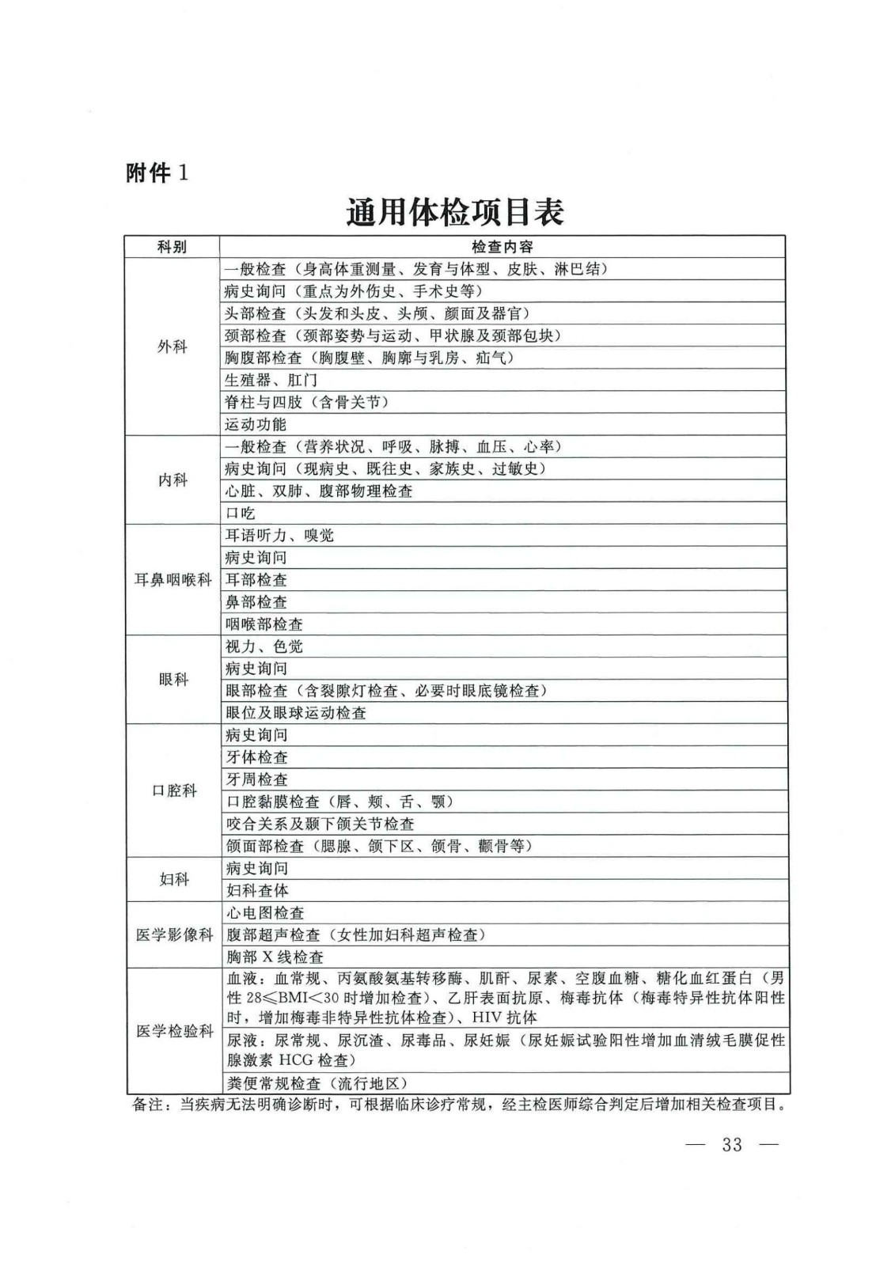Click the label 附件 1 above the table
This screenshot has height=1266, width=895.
coord(157,173)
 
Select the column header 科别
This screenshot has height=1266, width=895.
coord(173,247)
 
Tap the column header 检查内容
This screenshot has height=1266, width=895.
coord(502,247)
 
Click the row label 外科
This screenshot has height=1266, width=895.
coord(173,347)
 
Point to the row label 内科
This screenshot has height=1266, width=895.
coord(173,479)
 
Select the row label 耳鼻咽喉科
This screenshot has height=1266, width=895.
coord(173,580)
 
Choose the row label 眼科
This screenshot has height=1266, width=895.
coord(173,680)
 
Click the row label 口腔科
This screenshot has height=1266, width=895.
coord(173,790)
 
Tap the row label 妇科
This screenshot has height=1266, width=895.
coord(173,879)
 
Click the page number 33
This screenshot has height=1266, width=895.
coord(731,1145)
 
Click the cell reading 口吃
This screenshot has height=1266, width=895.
coord(241,514)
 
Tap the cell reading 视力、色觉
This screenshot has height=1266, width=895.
coord(264,646)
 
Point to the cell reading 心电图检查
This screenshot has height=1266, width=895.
coord(265,913)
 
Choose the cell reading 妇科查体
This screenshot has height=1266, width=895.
coord(257,891)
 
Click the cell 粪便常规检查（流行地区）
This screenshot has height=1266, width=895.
coord(317,1083)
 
